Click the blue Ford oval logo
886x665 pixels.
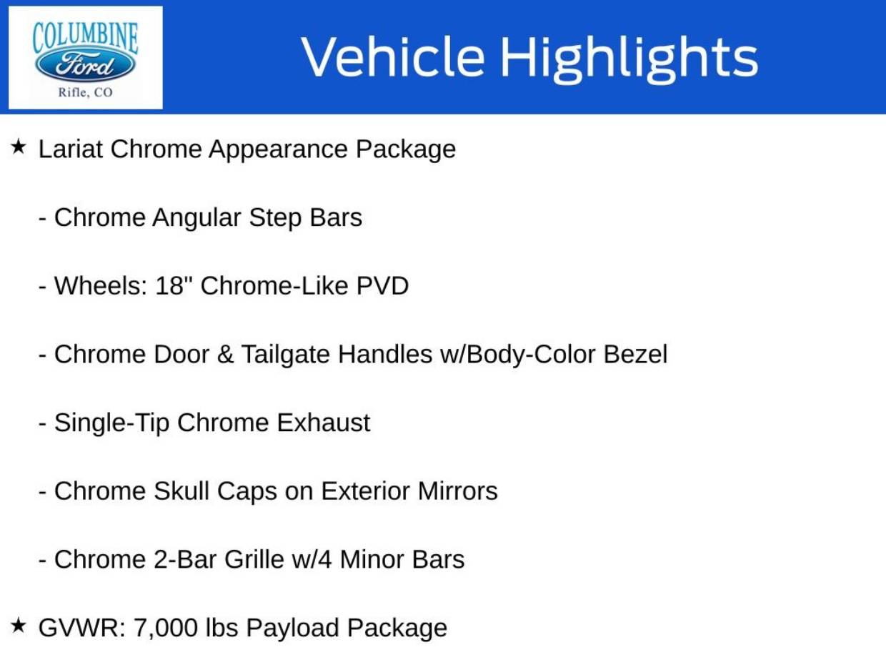tap(85, 65)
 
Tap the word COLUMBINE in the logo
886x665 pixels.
tap(85, 38)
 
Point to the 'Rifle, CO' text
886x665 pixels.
tap(85, 92)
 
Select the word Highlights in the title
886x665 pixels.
tap(629, 59)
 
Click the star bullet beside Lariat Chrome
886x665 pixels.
tap(19, 146)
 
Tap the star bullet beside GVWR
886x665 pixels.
tap(19, 626)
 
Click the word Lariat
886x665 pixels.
tap(71, 149)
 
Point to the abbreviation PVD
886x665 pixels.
tap(382, 286)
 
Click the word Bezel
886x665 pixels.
tap(635, 354)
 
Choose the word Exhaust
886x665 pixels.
tap(324, 423)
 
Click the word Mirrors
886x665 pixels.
tap(458, 491)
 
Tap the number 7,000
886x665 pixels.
tap(166, 629)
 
